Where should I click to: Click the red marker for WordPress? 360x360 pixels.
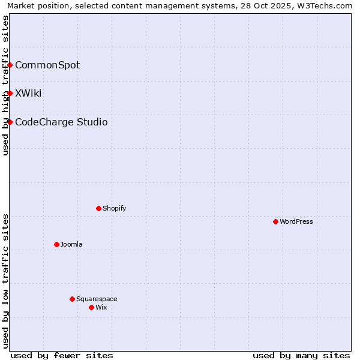click(x=275, y=221)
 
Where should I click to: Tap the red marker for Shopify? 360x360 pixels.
click(x=98, y=208)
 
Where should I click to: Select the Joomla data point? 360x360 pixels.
click(x=56, y=244)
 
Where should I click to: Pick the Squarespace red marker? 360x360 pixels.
click(x=72, y=299)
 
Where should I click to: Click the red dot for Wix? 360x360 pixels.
click(x=91, y=307)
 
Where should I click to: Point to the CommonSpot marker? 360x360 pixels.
click(x=10, y=65)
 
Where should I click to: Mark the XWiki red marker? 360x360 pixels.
click(x=10, y=93)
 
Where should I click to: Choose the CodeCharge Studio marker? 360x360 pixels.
click(x=10, y=122)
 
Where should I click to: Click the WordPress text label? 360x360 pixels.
click(x=296, y=221)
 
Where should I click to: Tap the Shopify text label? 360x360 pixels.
click(x=114, y=208)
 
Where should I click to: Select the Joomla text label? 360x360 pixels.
click(x=71, y=244)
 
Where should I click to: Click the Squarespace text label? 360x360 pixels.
click(x=97, y=299)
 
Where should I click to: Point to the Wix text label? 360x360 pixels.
click(x=101, y=307)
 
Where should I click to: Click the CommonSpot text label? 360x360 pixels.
click(x=47, y=65)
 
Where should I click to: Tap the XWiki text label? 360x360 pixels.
click(x=28, y=93)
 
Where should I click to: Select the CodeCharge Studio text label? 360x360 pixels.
click(x=61, y=122)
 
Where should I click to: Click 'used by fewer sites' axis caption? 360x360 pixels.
click(x=62, y=355)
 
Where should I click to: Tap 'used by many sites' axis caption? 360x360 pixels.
click(x=301, y=355)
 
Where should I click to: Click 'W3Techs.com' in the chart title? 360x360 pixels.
click(x=328, y=6)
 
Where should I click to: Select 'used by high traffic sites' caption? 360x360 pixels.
click(x=6, y=85)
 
